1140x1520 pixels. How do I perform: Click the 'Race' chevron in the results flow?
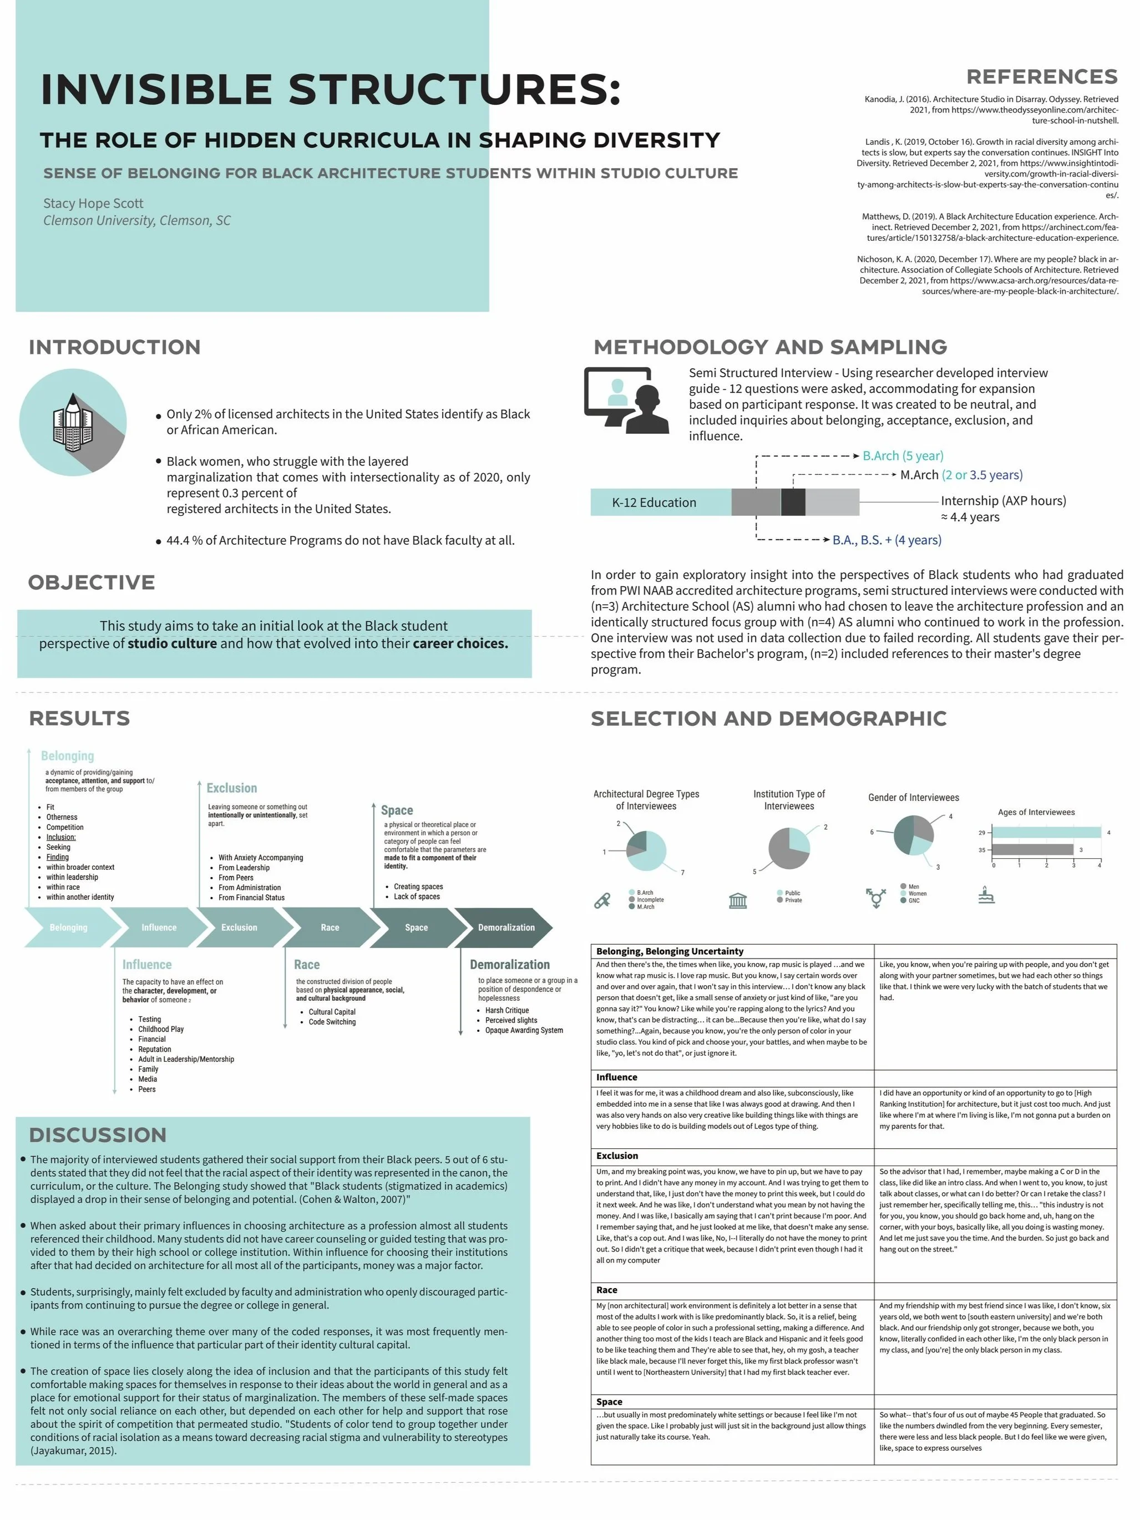point(330,927)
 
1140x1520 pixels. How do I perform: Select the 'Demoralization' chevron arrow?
point(506,927)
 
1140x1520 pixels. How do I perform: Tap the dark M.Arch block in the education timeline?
point(792,502)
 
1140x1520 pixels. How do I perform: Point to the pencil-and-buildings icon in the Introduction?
point(72,422)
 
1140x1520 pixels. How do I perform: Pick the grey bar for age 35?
point(1032,850)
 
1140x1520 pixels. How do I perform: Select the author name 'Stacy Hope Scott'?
point(93,204)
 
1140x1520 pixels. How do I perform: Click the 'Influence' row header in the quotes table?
point(616,1077)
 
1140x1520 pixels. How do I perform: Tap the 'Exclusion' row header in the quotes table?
point(617,1156)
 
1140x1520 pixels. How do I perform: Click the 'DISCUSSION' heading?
point(98,1134)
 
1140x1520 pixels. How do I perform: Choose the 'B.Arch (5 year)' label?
point(902,455)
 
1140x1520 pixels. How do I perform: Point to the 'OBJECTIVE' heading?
point(92,582)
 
